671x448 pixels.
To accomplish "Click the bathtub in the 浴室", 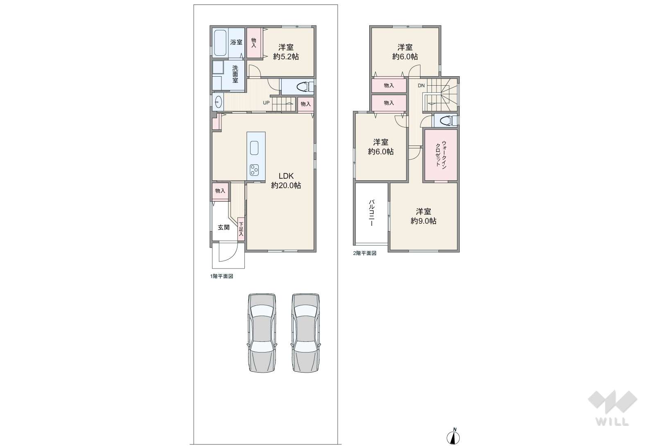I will point(221,43).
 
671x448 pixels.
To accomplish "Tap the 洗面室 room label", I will point(235,74).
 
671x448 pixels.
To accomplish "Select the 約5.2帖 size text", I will point(286,57).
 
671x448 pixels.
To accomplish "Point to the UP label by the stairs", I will point(266,103).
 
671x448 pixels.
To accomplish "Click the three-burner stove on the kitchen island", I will point(254,169).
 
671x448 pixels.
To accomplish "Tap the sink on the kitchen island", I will point(254,148).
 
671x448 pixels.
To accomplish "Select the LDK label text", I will point(286,176).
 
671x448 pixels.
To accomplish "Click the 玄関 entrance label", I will point(223,227).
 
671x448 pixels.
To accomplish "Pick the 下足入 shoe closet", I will point(241,230).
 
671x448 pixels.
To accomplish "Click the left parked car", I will point(262,333).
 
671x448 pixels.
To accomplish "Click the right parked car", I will point(305,333).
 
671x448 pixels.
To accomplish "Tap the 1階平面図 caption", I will point(221,277).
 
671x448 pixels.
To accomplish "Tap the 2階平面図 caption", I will point(364,253).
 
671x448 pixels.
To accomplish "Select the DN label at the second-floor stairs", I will point(421,86).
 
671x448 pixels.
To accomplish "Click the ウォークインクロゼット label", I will point(441,154).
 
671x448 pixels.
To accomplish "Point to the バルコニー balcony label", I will point(371,213).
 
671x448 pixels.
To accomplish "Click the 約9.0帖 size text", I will point(423,221).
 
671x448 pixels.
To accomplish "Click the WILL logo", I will point(612,408).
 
